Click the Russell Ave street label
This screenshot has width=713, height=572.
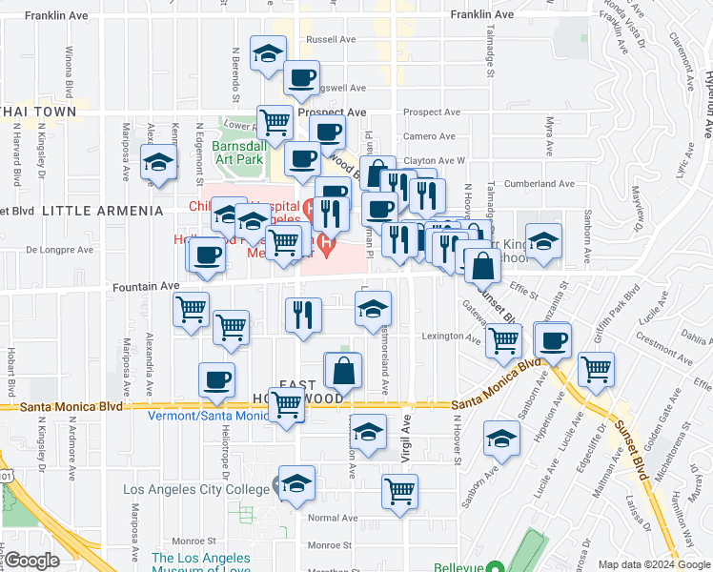332,40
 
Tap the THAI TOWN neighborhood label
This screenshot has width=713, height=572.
38,112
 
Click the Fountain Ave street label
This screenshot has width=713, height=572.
145,285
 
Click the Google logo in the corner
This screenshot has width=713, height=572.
31,561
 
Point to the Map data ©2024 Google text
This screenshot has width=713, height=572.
653,564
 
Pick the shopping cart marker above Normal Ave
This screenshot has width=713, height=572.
400,492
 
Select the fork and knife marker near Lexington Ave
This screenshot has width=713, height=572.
303,315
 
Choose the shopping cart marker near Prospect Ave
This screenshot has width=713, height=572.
275,121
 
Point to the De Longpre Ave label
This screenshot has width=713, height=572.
59,250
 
